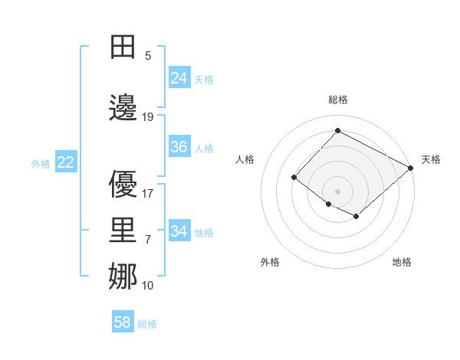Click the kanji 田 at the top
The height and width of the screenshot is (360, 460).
[124, 47]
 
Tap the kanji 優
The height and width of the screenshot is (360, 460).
[124, 184]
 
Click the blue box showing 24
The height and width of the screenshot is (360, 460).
[179, 78]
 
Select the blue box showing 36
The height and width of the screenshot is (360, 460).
[179, 147]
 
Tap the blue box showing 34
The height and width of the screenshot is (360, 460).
[179, 231]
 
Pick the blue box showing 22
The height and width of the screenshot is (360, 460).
[66, 162]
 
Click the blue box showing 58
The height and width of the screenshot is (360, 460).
[123, 322]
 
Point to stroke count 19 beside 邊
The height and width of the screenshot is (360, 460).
[148, 116]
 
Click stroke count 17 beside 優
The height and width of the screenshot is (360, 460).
[148, 193]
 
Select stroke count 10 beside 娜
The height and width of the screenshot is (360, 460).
[148, 285]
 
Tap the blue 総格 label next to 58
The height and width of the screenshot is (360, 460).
[148, 324]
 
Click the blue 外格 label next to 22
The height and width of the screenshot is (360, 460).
[41, 163]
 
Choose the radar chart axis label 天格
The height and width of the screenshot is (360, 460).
[431, 159]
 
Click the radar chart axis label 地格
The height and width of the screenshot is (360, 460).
[402, 262]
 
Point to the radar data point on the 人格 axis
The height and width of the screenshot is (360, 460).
[294, 178]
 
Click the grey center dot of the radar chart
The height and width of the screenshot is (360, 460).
[337, 191]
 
